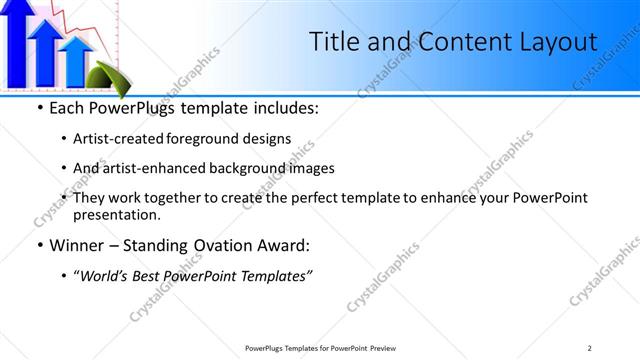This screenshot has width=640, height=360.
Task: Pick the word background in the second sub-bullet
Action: coord(253,168)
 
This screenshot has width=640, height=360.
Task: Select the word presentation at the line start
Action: coord(116,214)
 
